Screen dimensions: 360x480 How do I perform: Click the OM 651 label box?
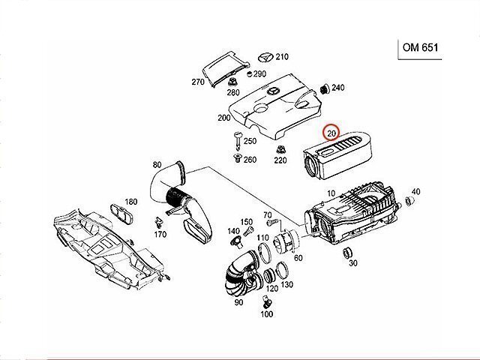coord(421,49)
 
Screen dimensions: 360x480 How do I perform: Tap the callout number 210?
coord(281,56)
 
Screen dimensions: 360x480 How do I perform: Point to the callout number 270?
coord(199,82)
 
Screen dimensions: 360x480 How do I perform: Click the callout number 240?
coord(338,88)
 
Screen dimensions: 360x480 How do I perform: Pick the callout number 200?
coord(223,118)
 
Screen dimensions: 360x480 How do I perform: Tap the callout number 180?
coord(131,202)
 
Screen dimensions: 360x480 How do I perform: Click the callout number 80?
coord(157,165)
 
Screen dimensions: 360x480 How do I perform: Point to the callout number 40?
coord(415,192)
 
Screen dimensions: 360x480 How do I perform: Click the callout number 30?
coord(353,262)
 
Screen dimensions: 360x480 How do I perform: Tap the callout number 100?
coord(266,314)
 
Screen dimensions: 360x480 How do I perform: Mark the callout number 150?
coord(246,222)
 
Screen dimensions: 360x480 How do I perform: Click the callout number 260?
coord(250,159)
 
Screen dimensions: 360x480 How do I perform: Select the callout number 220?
coord(280,160)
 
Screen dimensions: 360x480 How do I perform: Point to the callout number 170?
coord(160,235)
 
